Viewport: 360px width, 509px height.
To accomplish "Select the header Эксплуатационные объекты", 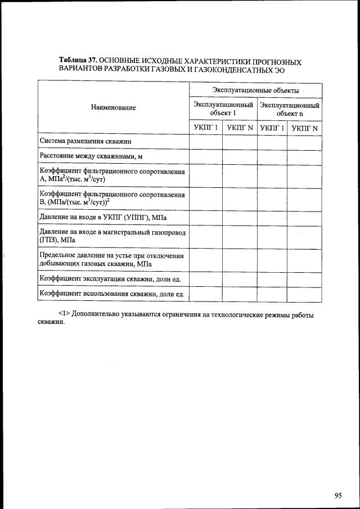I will click(255, 90).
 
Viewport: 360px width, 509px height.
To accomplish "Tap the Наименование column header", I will click(113, 107).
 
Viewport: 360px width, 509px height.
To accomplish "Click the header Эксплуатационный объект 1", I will click(223, 109).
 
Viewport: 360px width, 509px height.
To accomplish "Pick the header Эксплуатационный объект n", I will click(290, 109).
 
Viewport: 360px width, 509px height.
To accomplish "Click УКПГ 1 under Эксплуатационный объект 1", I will click(205, 128).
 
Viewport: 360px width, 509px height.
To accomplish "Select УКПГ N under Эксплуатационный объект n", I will click(304, 128).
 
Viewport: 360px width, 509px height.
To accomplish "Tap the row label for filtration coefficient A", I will click(112, 175).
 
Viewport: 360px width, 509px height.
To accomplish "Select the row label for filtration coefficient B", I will click(112, 199).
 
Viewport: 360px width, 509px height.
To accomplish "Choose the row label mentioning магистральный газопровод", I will click(112, 236).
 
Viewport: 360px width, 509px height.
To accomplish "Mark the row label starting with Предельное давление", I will click(112, 259).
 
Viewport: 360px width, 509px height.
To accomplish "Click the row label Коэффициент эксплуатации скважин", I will click(112, 278).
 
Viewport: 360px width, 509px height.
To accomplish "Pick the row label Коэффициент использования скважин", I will click(112, 293).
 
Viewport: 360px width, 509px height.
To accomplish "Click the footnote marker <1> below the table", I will click(64, 315).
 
